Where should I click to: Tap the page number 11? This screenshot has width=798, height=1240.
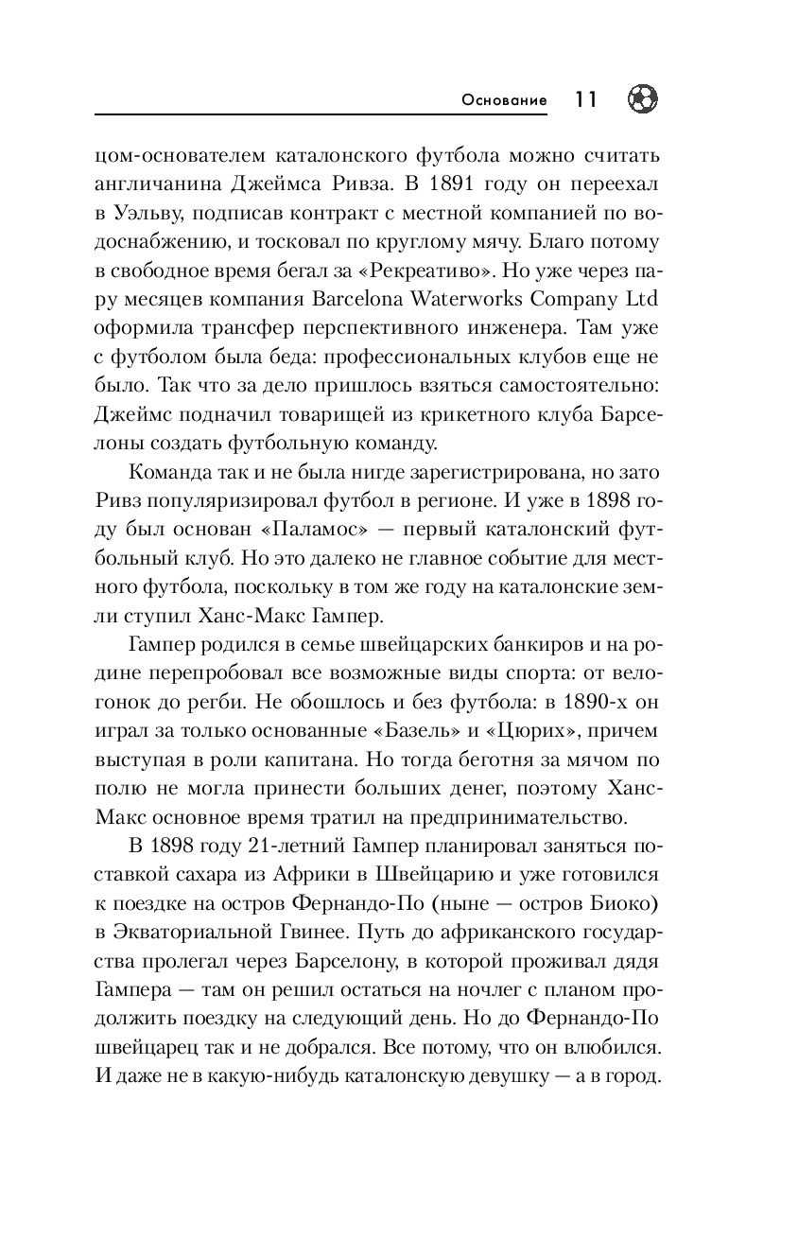coord(585,99)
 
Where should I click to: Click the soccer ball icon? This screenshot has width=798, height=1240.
coord(642,98)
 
